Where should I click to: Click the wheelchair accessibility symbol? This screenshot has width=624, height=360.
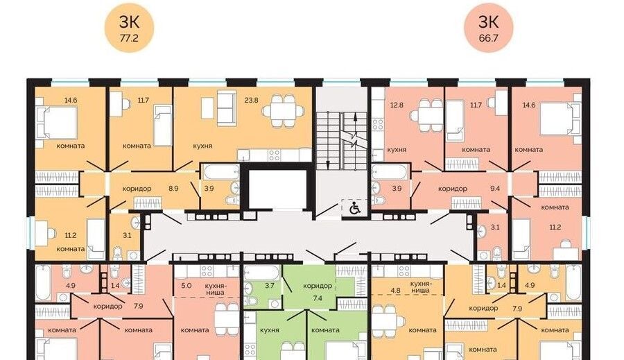354,208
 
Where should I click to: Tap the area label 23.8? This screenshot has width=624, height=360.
251,100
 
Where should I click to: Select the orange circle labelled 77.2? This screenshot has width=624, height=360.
129,28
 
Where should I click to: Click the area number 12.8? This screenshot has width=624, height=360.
397,105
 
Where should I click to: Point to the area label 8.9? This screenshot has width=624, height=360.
173,189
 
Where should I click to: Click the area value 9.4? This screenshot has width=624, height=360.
495,189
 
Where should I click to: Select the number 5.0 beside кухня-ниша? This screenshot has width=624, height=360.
187,286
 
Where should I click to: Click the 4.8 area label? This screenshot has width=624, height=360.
396,291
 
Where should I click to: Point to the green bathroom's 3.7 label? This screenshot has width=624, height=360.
270,286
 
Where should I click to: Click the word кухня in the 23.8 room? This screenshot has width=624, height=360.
202,146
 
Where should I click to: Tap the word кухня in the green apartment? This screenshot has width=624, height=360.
270,330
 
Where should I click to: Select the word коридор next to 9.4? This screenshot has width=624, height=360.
453,189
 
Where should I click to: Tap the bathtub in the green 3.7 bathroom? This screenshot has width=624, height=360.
262,273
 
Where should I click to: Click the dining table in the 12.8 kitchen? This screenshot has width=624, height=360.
426,115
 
